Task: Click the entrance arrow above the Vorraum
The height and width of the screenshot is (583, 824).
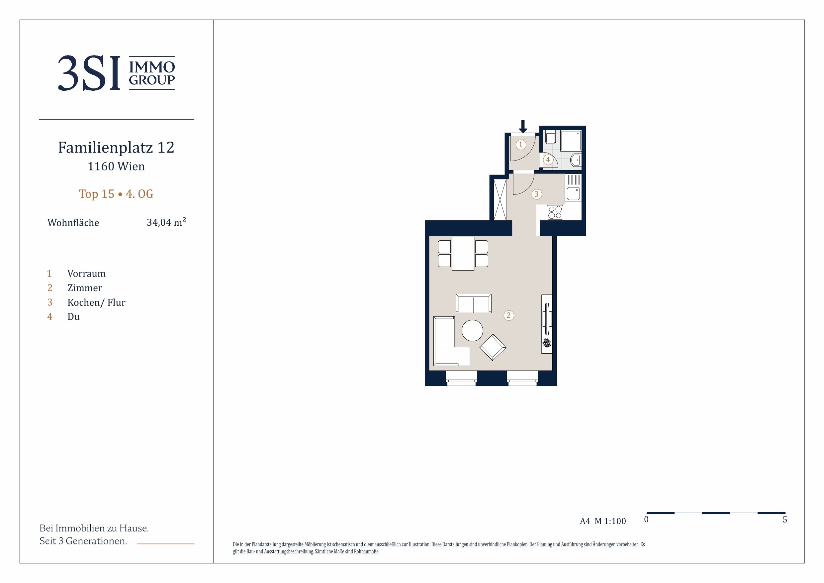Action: [x=523, y=126]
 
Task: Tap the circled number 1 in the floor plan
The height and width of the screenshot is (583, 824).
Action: [x=521, y=145]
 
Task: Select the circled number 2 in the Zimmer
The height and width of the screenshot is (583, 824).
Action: [x=508, y=315]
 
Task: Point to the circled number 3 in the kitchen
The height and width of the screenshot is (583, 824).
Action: [x=536, y=194]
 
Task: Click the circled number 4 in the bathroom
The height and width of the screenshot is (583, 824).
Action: [x=548, y=160]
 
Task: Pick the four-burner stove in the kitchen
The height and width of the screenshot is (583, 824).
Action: [x=555, y=212]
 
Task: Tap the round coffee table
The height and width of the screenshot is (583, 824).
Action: [x=472, y=330]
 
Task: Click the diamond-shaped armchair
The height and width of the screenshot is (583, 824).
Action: [x=493, y=347]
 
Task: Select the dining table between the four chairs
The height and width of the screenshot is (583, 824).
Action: [x=463, y=254]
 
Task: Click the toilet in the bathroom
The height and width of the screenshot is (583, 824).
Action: [x=551, y=138]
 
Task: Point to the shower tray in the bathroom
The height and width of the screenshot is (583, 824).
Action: [x=571, y=141]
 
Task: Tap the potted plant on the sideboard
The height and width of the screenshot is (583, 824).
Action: [x=547, y=342]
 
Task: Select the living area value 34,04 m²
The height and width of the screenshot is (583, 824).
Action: [x=166, y=222]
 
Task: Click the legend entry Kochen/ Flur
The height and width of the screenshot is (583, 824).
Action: [x=97, y=302]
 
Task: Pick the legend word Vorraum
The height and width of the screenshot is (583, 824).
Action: [x=86, y=274]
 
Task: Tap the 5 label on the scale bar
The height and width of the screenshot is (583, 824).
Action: [x=785, y=520]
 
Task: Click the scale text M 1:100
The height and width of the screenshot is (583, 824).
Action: [x=610, y=521]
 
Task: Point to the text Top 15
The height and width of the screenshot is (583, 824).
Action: [x=97, y=194]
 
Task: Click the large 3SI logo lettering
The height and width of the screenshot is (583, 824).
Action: [x=89, y=73]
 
